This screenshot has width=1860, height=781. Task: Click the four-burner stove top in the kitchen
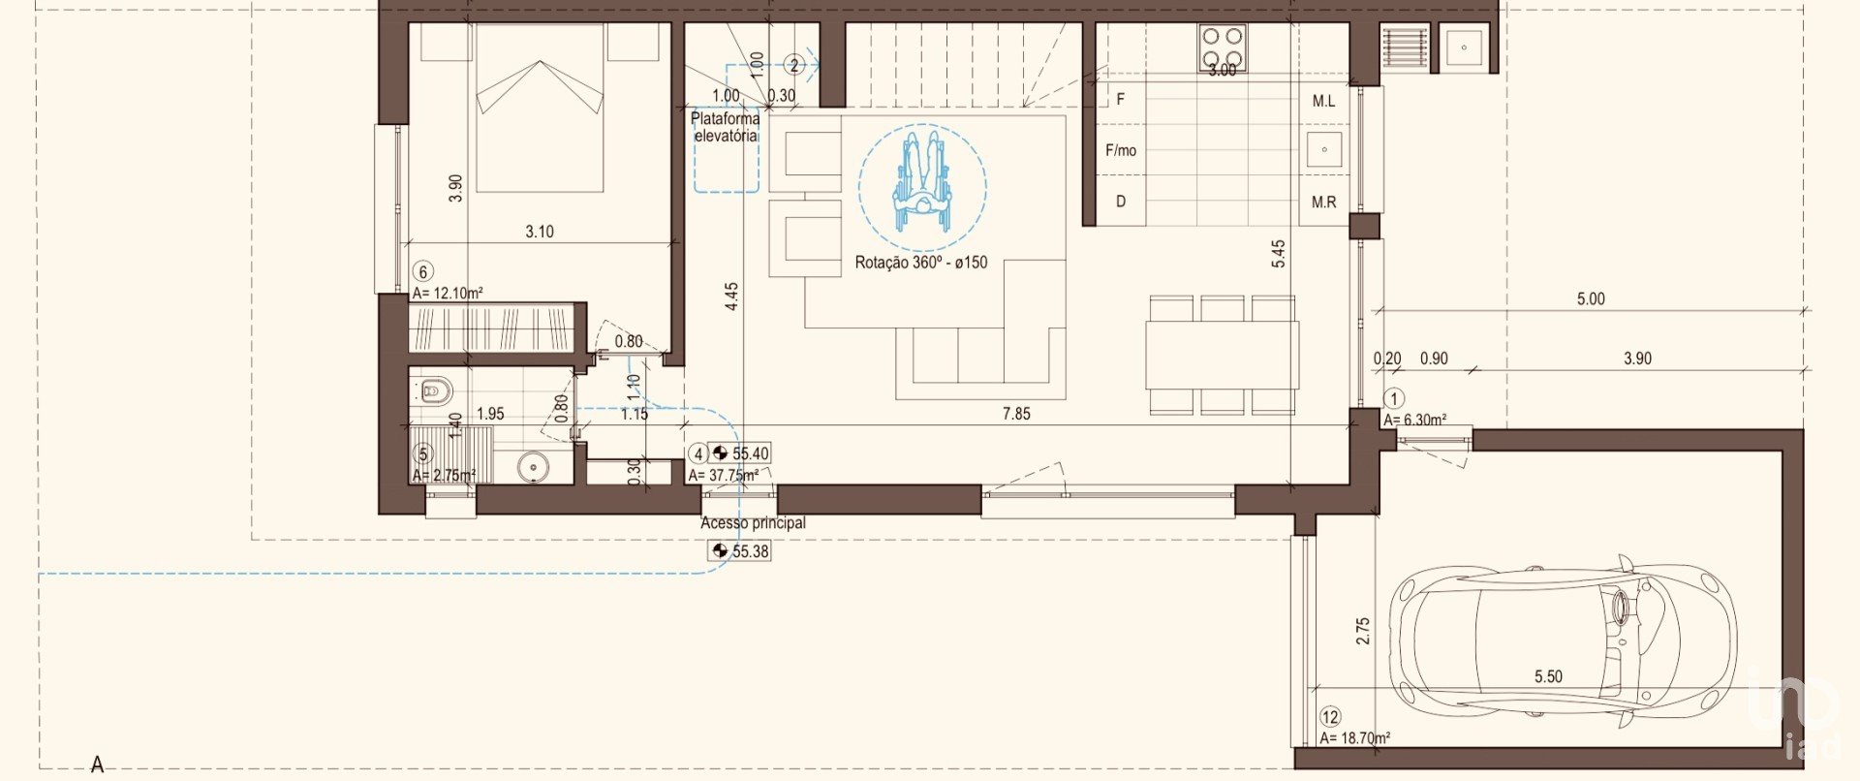point(1223,48)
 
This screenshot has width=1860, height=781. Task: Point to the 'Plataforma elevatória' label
point(725,127)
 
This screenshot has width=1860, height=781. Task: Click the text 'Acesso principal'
point(753,522)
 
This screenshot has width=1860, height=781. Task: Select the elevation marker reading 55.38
point(741,551)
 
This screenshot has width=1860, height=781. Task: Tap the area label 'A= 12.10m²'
point(448,293)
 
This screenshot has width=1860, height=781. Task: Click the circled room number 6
point(422,272)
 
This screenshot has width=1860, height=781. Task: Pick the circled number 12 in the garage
point(1330,717)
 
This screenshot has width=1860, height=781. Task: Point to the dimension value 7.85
point(1016,414)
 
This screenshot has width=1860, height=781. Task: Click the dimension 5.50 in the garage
point(1548,676)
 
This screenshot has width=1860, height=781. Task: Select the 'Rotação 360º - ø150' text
point(921,262)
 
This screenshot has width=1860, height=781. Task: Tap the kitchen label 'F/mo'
point(1121,150)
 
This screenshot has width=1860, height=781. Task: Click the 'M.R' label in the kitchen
point(1324,203)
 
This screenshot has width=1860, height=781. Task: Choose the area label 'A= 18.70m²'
point(1354,738)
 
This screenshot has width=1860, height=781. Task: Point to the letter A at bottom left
point(97,765)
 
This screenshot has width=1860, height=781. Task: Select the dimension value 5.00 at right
point(1591,299)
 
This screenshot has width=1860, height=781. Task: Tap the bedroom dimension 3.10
point(540,232)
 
